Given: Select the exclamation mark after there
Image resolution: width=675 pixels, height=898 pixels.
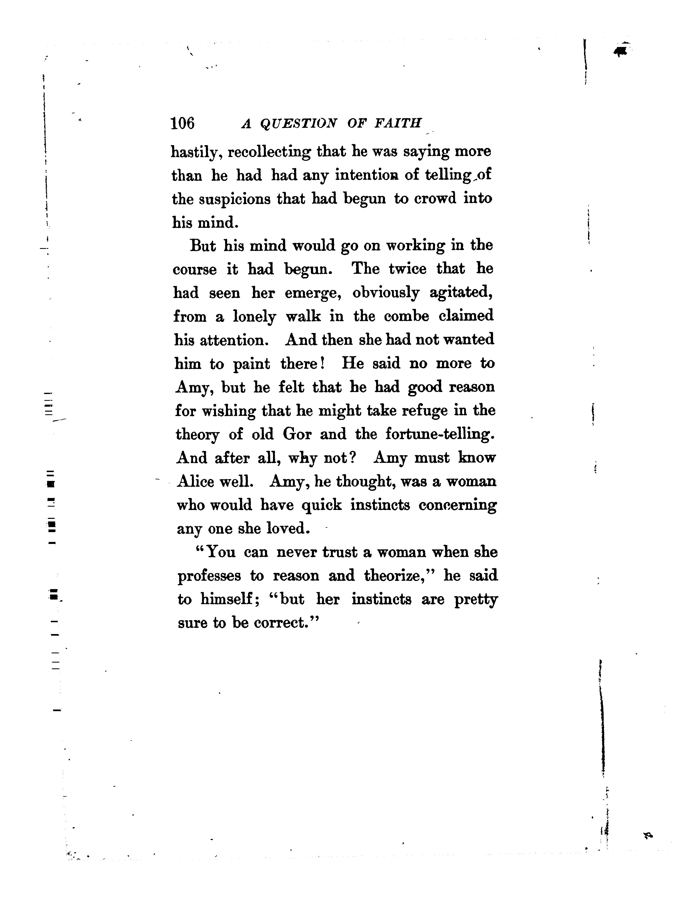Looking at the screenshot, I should (x=322, y=363).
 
